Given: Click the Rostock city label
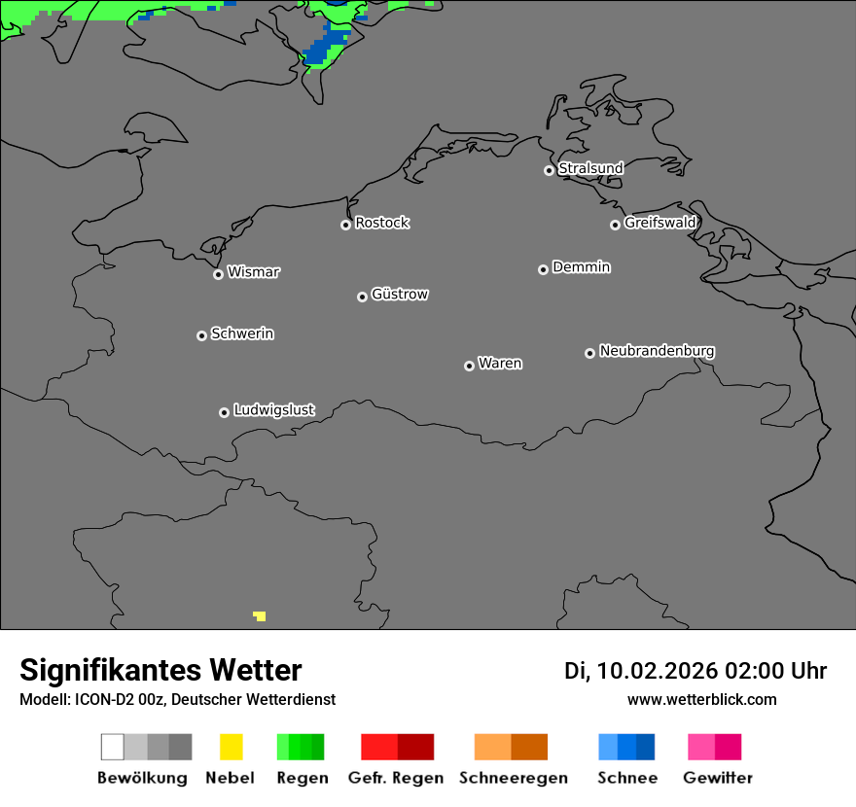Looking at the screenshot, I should [x=381, y=223].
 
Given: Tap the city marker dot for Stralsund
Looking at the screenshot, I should [x=549, y=170].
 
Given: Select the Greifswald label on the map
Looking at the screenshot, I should [x=660, y=223].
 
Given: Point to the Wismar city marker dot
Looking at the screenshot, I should [x=218, y=274].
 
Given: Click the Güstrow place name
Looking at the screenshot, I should [x=400, y=294].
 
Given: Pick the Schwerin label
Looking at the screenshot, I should [x=242, y=333].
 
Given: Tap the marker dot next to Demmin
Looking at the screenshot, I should [x=543, y=269].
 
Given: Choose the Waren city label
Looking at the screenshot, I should [x=500, y=364].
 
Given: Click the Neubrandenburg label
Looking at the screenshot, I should [x=657, y=350].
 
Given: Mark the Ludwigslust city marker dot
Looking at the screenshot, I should [x=224, y=412].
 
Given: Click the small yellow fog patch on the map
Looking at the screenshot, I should [x=260, y=615].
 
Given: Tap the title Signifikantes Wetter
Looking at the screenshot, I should [x=160, y=670].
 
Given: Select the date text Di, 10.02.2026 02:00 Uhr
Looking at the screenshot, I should [x=695, y=671].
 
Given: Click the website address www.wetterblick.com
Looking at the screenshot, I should [x=702, y=699].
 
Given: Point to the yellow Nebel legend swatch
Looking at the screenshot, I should [x=231, y=747].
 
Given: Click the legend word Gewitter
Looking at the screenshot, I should [x=718, y=778].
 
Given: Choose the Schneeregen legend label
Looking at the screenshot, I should [x=514, y=778].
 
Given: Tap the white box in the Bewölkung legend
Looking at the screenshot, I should [x=113, y=747].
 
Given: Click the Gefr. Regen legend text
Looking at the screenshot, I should [x=396, y=778].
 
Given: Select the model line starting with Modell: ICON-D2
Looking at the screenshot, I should [x=177, y=699].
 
